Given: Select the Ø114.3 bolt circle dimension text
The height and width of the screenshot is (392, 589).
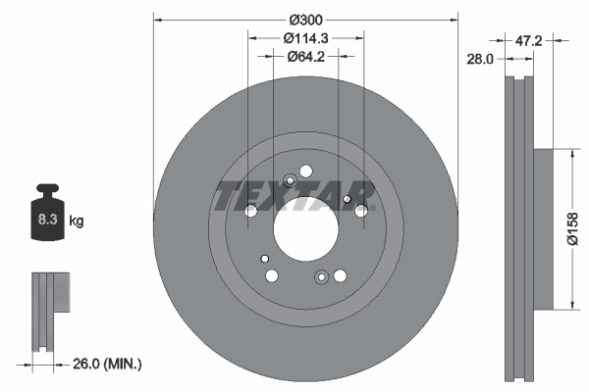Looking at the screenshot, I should (x=305, y=38).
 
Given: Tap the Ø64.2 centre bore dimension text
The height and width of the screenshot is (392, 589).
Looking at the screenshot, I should (x=305, y=57).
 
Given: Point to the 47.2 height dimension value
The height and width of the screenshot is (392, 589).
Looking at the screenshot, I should (x=529, y=41).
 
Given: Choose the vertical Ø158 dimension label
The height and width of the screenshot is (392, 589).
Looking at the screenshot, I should (x=574, y=230).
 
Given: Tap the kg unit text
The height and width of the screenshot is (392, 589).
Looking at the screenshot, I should (x=77, y=222).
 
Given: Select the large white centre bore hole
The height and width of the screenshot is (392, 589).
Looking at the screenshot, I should (x=304, y=231).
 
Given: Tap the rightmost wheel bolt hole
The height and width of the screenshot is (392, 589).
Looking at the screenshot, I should (x=361, y=210).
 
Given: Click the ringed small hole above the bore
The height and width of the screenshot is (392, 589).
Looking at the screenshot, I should (x=290, y=180).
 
